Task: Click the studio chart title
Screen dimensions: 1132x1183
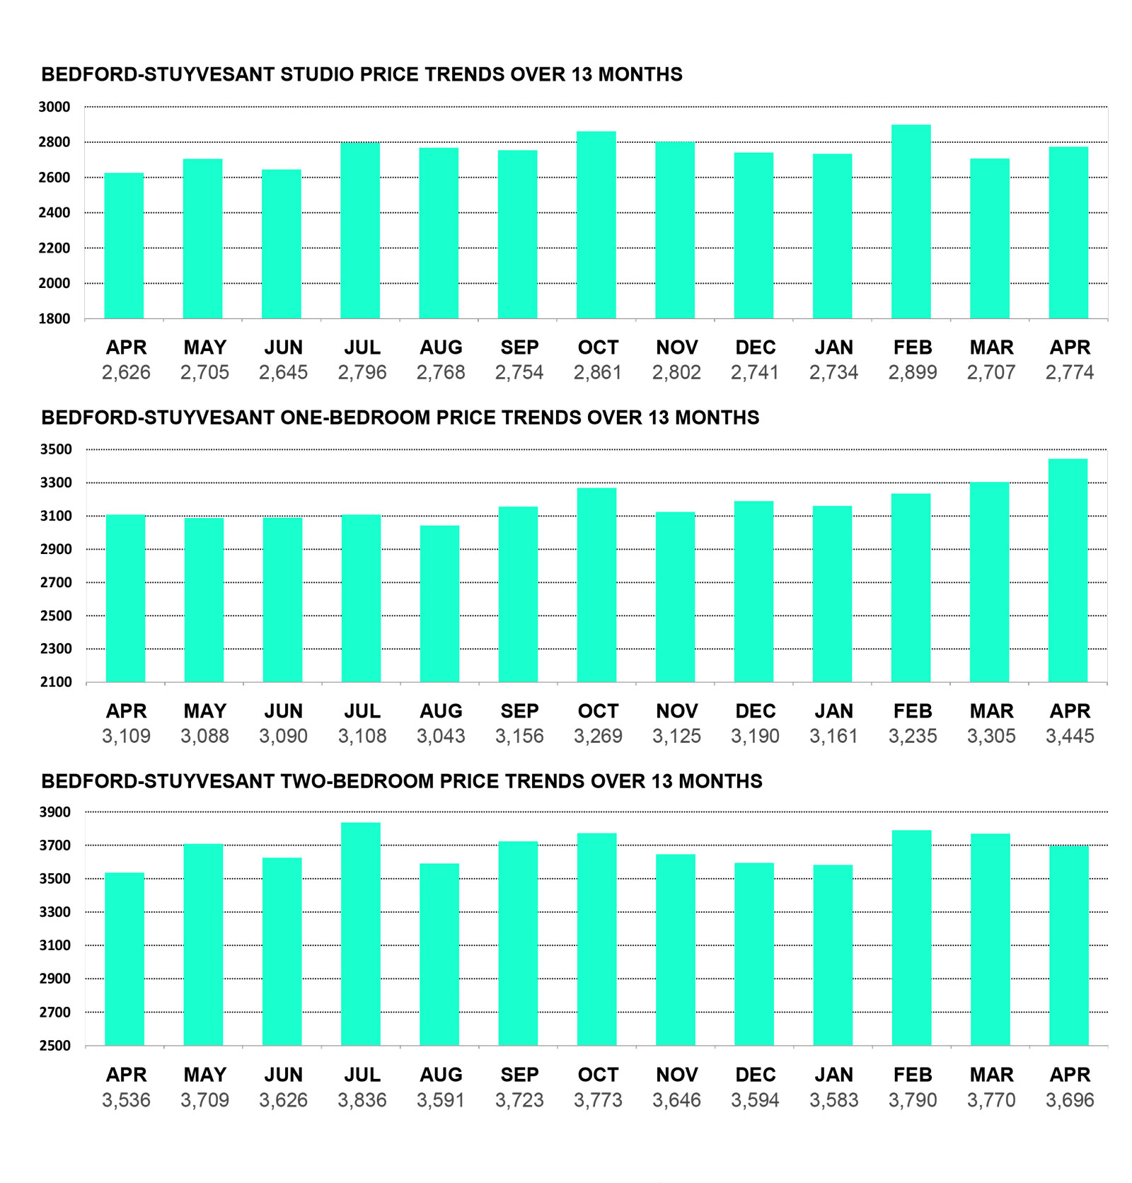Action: tap(362, 74)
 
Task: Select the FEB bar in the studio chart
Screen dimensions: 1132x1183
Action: tap(911, 221)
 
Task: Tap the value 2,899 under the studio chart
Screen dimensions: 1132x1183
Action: tap(913, 372)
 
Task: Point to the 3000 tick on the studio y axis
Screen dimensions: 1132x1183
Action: tap(54, 107)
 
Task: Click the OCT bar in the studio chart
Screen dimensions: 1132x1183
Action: tap(596, 225)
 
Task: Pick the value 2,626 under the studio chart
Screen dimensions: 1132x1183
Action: tap(126, 372)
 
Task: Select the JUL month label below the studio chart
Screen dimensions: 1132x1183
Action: tap(362, 347)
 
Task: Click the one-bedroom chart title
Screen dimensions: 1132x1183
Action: tap(400, 417)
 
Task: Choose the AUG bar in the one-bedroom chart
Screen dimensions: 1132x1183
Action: tap(439, 604)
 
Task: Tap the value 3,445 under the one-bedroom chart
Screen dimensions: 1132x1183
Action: tap(1070, 736)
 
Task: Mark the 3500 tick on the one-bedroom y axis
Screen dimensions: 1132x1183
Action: tap(56, 449)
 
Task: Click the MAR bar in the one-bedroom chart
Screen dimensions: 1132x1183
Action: tap(989, 582)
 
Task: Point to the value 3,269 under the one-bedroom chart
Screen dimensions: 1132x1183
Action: tap(598, 736)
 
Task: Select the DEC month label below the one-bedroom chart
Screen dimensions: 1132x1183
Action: tap(756, 711)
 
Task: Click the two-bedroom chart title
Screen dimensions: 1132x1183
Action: tap(402, 781)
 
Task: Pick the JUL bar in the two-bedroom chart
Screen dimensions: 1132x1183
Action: tap(361, 934)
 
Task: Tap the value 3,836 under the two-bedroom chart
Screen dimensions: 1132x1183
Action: tap(362, 1100)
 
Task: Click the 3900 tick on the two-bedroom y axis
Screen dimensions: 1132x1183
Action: tap(55, 812)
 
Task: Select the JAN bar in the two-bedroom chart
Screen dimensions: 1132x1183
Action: tap(833, 955)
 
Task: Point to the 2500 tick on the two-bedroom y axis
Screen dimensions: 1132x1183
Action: tap(55, 1045)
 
